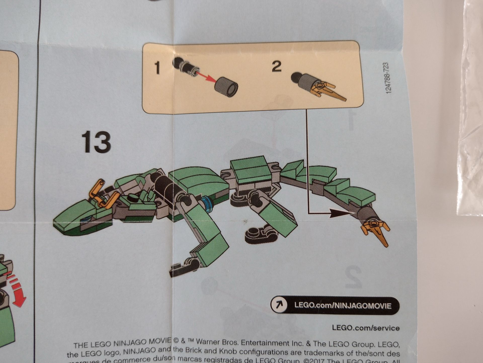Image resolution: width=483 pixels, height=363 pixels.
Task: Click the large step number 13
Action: pyautogui.click(x=96, y=142)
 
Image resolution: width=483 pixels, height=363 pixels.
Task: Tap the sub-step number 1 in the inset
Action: pyautogui.click(x=157, y=68)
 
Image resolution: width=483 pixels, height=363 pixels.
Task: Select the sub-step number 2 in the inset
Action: pyautogui.click(x=276, y=66)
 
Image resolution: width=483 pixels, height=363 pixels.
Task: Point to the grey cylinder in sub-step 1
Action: pyautogui.click(x=226, y=87)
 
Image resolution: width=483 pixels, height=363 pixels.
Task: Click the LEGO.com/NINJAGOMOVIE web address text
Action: pyautogui.click(x=343, y=306)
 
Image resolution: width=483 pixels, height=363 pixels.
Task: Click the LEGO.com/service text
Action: pyautogui.click(x=366, y=328)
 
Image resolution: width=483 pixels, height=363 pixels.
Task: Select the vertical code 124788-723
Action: pyautogui.click(x=388, y=78)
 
